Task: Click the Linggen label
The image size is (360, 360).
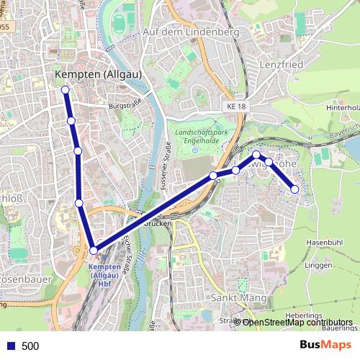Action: click(318, 267)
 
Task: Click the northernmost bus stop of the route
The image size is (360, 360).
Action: click(66, 90)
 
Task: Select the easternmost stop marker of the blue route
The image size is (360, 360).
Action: click(294, 189)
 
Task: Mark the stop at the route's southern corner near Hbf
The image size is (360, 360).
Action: click(94, 250)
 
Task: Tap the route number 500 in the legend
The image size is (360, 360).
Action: click(30, 346)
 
